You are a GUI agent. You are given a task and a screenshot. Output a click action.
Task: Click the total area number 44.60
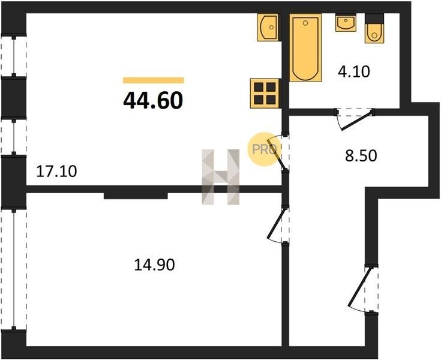coord(153,100)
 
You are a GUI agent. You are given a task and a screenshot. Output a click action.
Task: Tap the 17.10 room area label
coord(56,171)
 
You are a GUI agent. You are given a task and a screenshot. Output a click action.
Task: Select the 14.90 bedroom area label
coord(154,265)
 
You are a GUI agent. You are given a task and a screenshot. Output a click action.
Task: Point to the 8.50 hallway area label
coord(361,156)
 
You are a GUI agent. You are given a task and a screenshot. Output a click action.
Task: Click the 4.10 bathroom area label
coord(354,71)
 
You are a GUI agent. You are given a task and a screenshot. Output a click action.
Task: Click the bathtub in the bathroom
coord(305,48)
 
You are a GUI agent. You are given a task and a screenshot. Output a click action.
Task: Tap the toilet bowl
coord(374,33)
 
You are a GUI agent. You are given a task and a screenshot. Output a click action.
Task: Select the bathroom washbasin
coord(346,23)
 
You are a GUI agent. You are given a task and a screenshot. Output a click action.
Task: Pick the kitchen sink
coord(269,28)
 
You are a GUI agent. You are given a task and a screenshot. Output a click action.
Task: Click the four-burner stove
coord(265,94)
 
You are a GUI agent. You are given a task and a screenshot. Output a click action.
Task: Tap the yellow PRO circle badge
coord(264,149)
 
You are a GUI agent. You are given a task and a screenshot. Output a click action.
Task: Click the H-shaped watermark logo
coord(221,176)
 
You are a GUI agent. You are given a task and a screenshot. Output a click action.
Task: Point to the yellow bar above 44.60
coord(154,80)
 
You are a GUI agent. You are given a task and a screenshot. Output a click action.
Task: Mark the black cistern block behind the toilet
coord(374,19)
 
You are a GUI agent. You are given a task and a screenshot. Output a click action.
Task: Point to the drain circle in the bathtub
coord(305,23)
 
